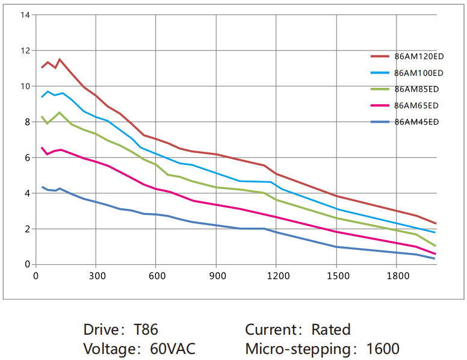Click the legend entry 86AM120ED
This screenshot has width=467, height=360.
(419, 57)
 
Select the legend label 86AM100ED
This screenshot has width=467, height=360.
(419, 73)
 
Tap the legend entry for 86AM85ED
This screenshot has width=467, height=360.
(416, 89)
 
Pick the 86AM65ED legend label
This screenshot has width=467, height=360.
(416, 105)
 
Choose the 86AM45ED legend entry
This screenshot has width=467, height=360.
(416, 122)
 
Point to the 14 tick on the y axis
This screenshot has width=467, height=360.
(25, 14)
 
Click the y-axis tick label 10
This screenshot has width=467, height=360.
(25, 86)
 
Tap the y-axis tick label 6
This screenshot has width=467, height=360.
(27, 158)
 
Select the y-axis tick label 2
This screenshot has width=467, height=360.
(27, 229)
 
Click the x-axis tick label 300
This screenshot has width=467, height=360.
(96, 276)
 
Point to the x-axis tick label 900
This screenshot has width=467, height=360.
(217, 276)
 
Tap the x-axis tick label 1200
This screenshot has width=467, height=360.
(276, 276)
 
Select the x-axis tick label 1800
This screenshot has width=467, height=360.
(397, 276)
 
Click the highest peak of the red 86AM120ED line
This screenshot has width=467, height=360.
(60, 59)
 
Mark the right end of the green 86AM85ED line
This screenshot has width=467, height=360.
(435, 246)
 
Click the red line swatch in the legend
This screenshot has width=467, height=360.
(380, 57)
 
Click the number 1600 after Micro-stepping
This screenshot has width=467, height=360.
(382, 349)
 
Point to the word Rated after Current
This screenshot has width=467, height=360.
(330, 329)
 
